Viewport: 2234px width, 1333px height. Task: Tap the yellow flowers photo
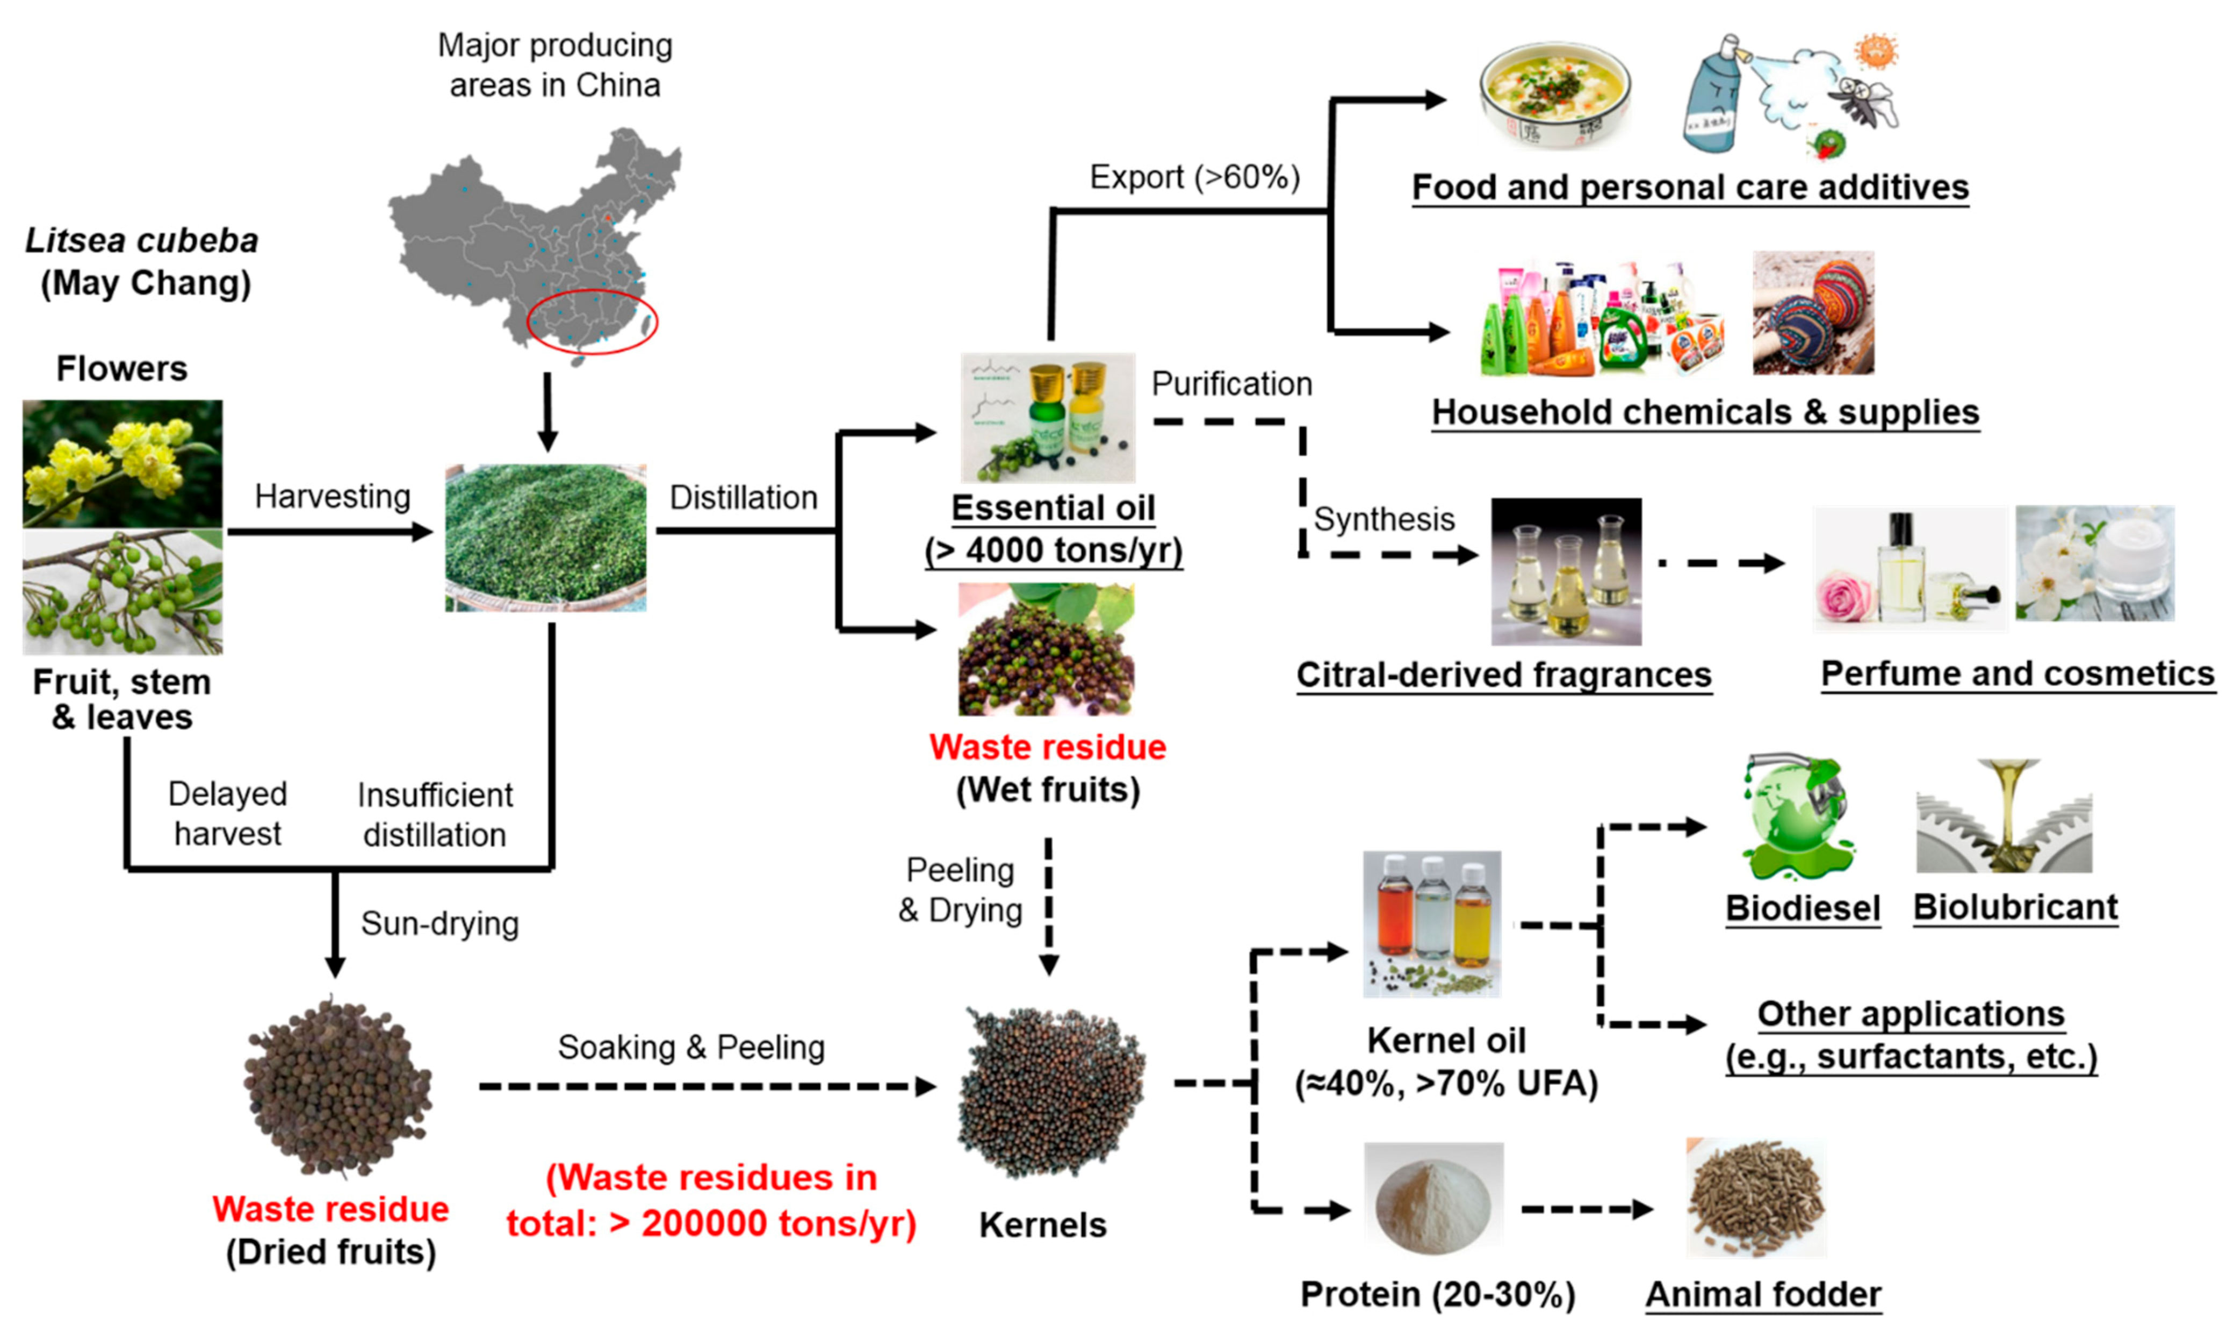(122, 463)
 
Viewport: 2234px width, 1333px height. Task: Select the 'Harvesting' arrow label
(332, 496)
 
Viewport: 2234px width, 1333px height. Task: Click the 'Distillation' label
(744, 498)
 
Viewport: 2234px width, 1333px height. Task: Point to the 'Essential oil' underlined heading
(1053, 508)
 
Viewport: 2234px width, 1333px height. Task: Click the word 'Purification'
(1231, 384)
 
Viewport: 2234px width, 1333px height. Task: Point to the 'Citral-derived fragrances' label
(1504, 676)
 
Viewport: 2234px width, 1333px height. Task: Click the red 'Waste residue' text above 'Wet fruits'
(1047, 747)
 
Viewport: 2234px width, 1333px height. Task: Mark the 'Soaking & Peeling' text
(690, 1048)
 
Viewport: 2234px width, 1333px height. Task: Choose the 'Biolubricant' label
(2015, 907)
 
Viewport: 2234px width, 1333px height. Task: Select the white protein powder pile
(1433, 1202)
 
